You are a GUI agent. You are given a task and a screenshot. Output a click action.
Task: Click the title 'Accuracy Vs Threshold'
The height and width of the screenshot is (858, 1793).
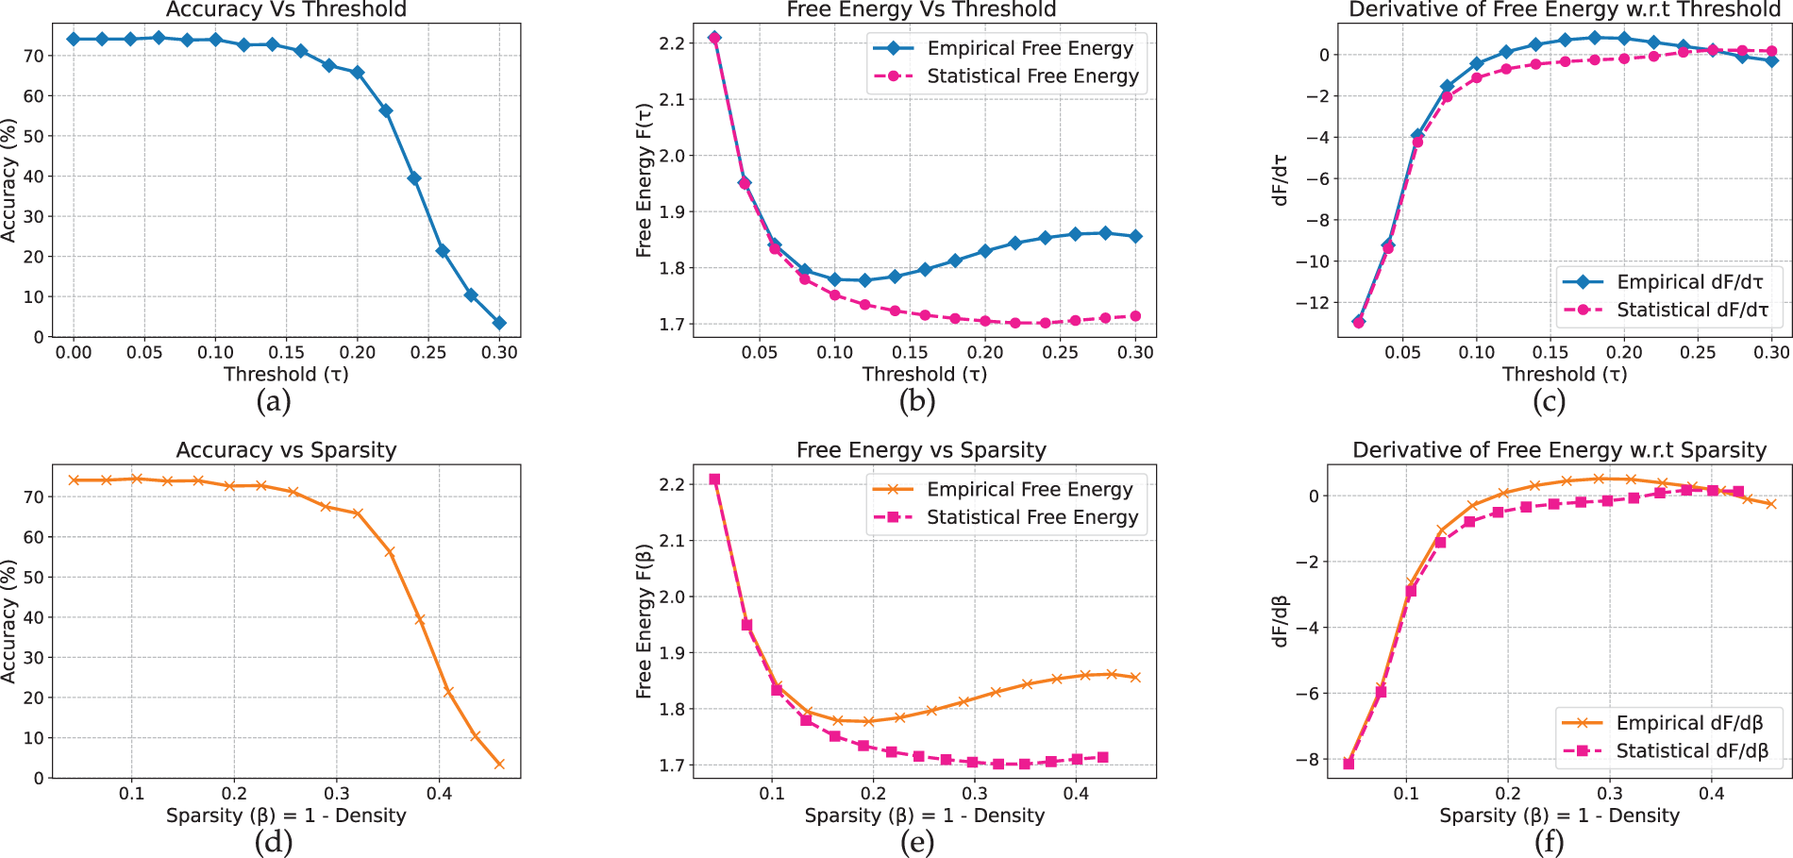tap(286, 9)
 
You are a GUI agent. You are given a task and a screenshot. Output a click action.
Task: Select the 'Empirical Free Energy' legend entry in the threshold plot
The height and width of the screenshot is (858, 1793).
tap(1006, 48)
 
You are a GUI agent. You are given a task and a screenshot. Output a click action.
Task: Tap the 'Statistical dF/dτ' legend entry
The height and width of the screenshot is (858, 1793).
tap(1667, 310)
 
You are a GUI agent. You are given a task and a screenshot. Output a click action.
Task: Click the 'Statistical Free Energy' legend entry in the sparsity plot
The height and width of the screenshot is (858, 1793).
tap(1006, 517)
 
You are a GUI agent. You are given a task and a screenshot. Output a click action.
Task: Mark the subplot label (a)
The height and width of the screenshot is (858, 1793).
tap(274, 401)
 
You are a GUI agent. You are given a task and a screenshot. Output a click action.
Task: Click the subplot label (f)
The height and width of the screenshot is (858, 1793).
tap(1549, 842)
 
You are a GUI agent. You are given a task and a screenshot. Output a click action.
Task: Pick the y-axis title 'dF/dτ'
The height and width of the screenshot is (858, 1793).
tap(1281, 179)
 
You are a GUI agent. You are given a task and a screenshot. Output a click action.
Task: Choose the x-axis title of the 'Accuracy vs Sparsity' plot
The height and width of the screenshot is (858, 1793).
tap(286, 816)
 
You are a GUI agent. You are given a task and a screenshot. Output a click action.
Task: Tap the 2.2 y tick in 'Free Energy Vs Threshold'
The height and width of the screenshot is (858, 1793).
tap(672, 43)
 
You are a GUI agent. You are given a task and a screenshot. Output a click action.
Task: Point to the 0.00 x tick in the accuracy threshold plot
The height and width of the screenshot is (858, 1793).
tap(74, 353)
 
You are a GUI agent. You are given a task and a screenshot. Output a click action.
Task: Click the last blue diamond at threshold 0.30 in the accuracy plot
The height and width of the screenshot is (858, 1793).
tap(499, 323)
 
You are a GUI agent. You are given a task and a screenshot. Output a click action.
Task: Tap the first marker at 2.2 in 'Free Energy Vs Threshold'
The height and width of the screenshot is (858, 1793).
tap(714, 38)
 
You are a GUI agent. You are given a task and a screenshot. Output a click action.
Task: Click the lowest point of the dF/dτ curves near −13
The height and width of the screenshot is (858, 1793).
tap(1358, 322)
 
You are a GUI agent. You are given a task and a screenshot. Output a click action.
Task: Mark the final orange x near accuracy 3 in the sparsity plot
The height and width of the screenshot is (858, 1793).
tap(499, 764)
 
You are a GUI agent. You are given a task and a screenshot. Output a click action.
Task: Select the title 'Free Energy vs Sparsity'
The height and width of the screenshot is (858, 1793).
tap(921, 450)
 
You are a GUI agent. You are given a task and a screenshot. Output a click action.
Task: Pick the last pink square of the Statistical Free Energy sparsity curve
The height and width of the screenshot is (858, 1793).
tap(1102, 757)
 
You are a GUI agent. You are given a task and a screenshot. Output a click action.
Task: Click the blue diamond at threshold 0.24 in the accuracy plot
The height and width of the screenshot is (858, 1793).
tap(413, 178)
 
